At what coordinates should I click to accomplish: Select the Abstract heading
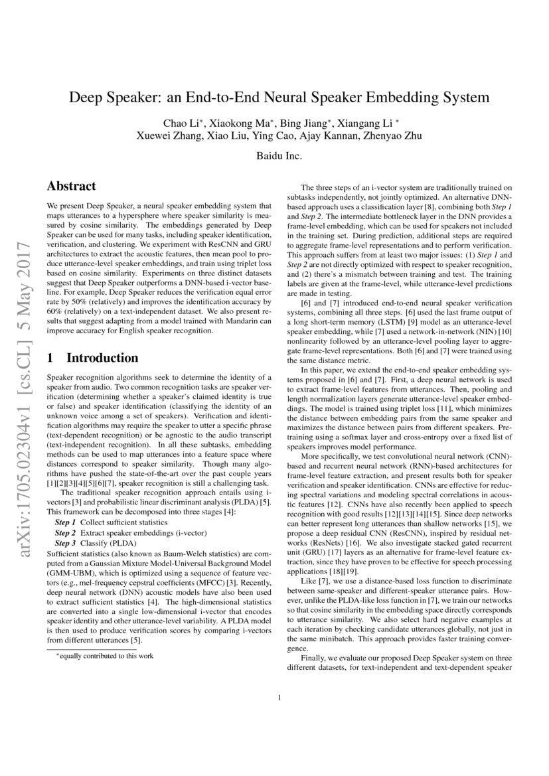72,187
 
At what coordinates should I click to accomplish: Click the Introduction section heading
102,358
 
